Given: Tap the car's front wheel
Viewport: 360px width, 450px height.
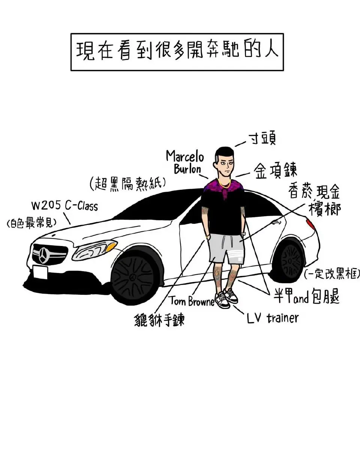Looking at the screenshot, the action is [133, 278].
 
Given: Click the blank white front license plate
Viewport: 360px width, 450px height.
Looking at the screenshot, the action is [40, 272].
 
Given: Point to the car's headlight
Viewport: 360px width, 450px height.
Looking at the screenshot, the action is [94, 250].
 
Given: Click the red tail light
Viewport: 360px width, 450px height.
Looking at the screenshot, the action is [310, 225].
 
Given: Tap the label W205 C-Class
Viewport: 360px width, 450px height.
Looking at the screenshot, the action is [64, 205].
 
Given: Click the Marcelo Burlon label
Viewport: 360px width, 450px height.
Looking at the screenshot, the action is [185, 162].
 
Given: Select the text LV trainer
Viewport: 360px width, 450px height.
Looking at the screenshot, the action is [273, 318].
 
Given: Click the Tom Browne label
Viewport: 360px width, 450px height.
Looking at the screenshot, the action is [191, 301].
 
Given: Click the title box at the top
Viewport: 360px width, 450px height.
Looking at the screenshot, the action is [177, 52].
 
